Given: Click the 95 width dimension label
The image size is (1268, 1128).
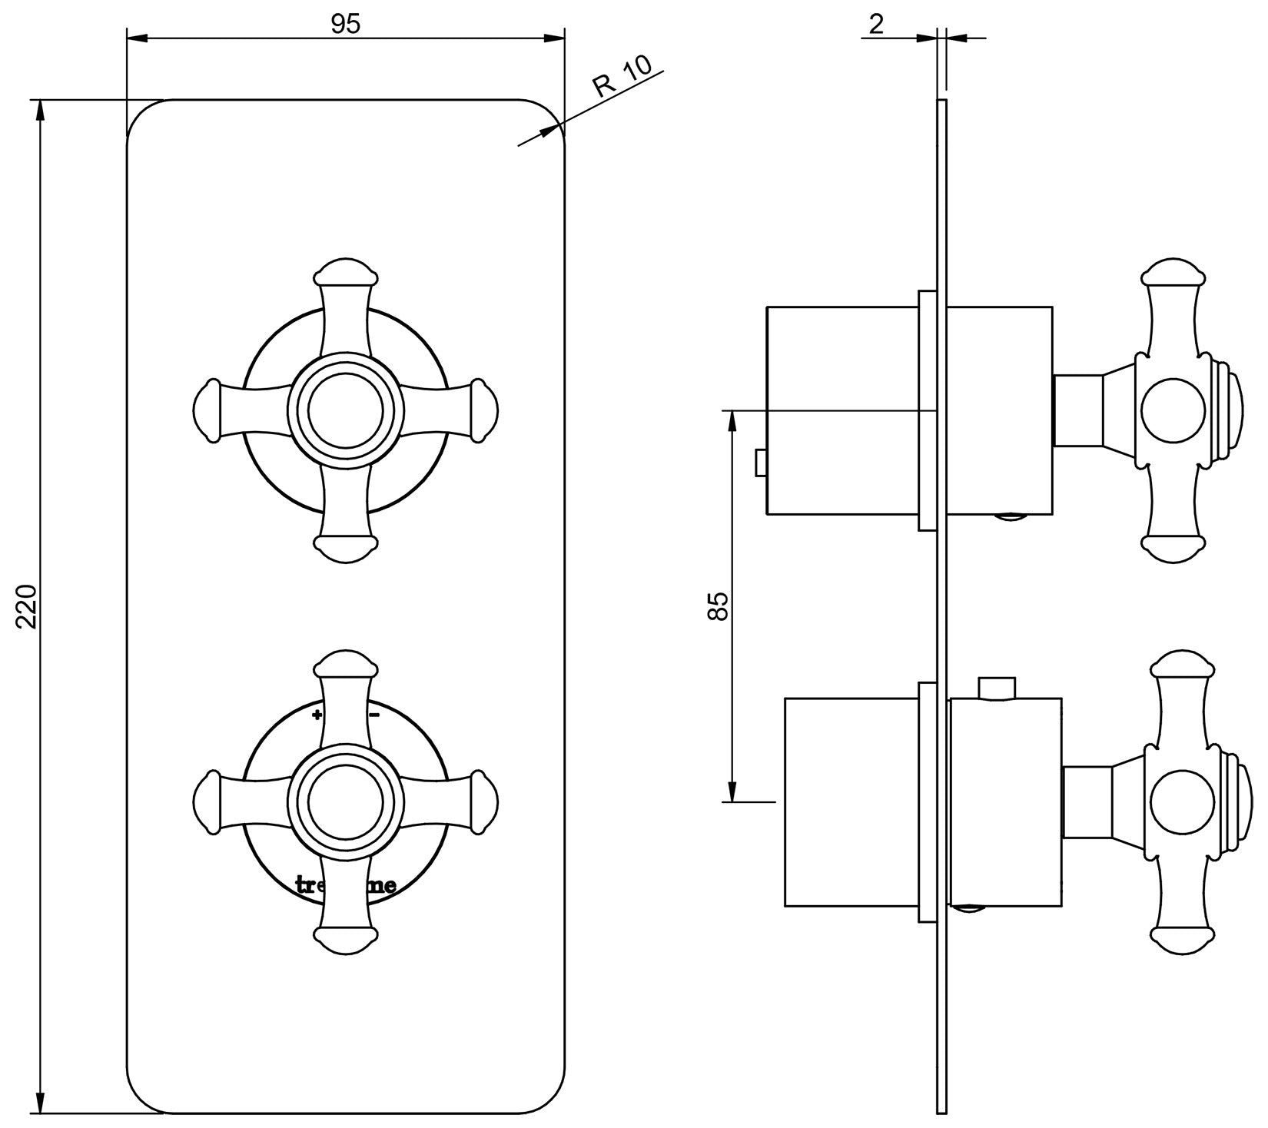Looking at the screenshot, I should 346,25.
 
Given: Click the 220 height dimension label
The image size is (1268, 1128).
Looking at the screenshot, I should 28,606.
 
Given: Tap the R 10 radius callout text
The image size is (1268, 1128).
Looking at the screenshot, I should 622,76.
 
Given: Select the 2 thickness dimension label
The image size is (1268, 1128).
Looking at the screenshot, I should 876,25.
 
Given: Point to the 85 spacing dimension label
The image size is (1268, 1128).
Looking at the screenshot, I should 718,606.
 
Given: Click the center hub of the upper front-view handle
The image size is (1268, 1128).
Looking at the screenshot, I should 346,411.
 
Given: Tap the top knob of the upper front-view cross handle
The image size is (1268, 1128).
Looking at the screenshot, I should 346,274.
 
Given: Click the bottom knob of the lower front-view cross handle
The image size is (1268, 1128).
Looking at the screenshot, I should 346,940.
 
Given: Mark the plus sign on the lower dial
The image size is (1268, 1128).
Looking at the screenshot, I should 317,715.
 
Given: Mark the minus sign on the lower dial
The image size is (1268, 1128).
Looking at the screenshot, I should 375,715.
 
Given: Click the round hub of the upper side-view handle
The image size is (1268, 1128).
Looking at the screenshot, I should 1173,411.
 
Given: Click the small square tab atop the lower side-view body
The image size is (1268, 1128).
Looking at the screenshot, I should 997,688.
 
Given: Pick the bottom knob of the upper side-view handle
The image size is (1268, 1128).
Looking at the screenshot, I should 1173,547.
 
